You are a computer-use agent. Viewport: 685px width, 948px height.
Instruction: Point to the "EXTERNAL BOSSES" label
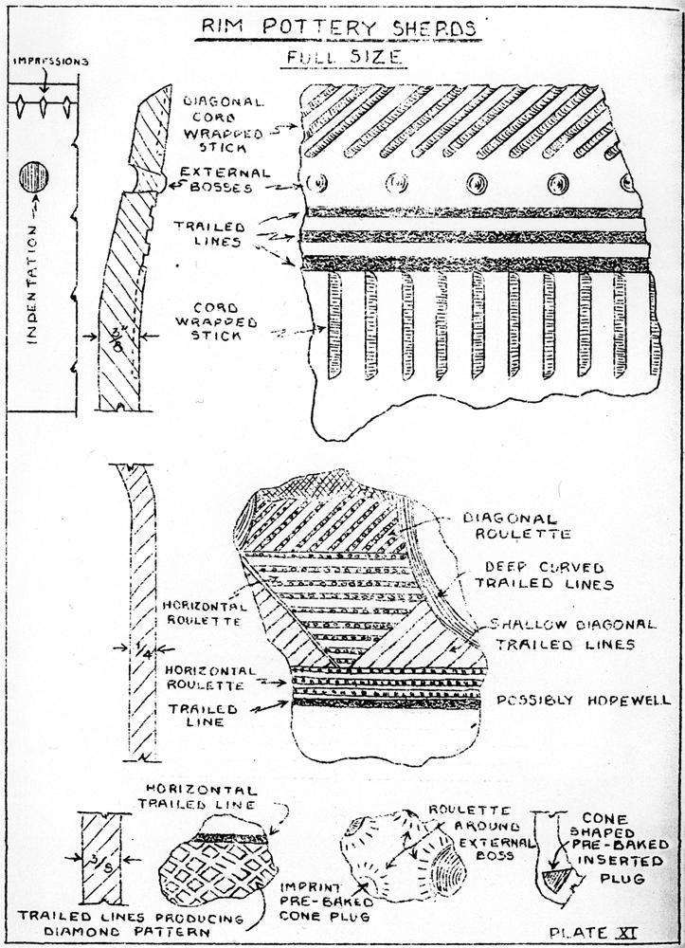coord(216,180)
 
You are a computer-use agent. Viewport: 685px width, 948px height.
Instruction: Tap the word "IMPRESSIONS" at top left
coord(51,63)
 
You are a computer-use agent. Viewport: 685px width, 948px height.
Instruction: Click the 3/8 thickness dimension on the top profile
coord(117,336)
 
